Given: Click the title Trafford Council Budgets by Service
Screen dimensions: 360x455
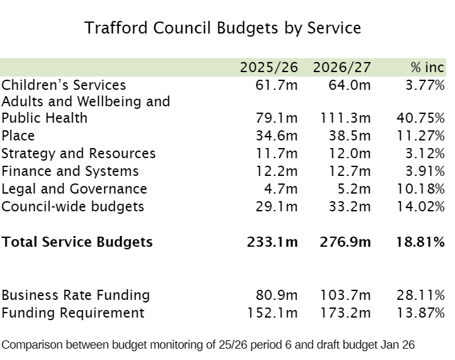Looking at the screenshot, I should point(223,28).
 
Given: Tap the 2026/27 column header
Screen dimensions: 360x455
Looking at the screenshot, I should point(341,68).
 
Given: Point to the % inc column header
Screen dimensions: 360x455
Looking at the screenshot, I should point(427,68).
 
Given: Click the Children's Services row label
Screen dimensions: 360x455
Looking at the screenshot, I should point(64,85).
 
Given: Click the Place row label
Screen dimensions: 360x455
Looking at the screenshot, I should point(18,136).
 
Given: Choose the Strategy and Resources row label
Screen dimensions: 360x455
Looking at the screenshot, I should point(78,154).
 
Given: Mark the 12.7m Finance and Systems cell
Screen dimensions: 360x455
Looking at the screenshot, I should point(349,171).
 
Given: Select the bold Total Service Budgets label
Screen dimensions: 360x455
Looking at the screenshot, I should point(77,242).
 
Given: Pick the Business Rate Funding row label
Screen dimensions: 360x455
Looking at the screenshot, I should point(76,295).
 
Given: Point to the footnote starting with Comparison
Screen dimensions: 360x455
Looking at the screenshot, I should point(208,345).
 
